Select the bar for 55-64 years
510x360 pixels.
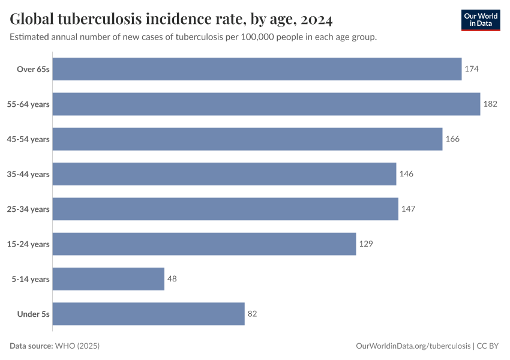click(266, 104)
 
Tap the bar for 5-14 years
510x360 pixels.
click(109, 279)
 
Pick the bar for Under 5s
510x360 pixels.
click(149, 314)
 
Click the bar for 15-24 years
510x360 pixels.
click(205, 244)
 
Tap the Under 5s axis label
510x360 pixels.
click(34, 314)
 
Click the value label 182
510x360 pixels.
click(490, 104)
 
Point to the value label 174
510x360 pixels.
click(472, 69)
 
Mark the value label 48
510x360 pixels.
click(172, 279)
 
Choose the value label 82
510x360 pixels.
click(252, 314)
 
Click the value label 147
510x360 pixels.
click(408, 209)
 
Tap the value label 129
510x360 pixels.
click(366, 244)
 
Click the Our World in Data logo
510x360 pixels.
click(480, 20)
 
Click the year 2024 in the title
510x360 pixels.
click(317, 20)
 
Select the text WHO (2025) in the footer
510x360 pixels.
click(77, 346)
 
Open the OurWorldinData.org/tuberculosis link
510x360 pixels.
click(413, 346)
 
